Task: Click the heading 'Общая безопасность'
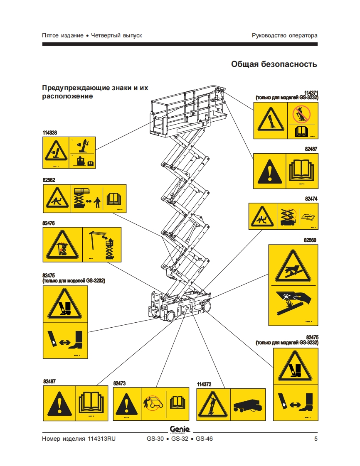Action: point(274,64)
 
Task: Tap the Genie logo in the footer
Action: point(180,429)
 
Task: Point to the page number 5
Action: point(316,439)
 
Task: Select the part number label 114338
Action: point(49,133)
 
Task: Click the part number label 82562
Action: point(49,180)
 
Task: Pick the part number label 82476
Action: point(49,223)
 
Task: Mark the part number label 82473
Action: point(119,383)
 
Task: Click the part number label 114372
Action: point(204,385)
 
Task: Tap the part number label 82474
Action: point(311,199)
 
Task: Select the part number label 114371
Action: point(311,93)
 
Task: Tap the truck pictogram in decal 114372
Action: point(247,405)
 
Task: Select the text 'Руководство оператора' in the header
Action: point(284,35)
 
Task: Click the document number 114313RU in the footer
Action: point(101,439)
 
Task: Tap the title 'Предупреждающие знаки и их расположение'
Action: point(95,92)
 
